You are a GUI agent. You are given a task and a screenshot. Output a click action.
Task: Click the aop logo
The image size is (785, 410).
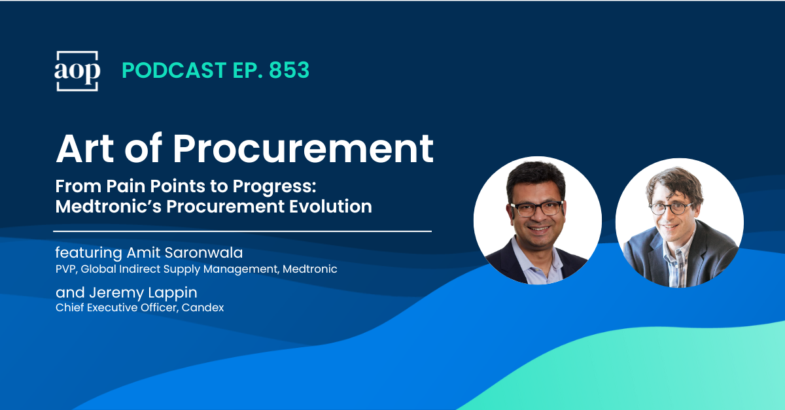click(x=77, y=71)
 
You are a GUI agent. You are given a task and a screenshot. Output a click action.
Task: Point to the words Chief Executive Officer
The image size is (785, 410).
click(x=113, y=307)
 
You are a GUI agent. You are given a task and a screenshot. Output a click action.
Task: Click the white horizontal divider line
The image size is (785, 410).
click(x=242, y=231)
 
